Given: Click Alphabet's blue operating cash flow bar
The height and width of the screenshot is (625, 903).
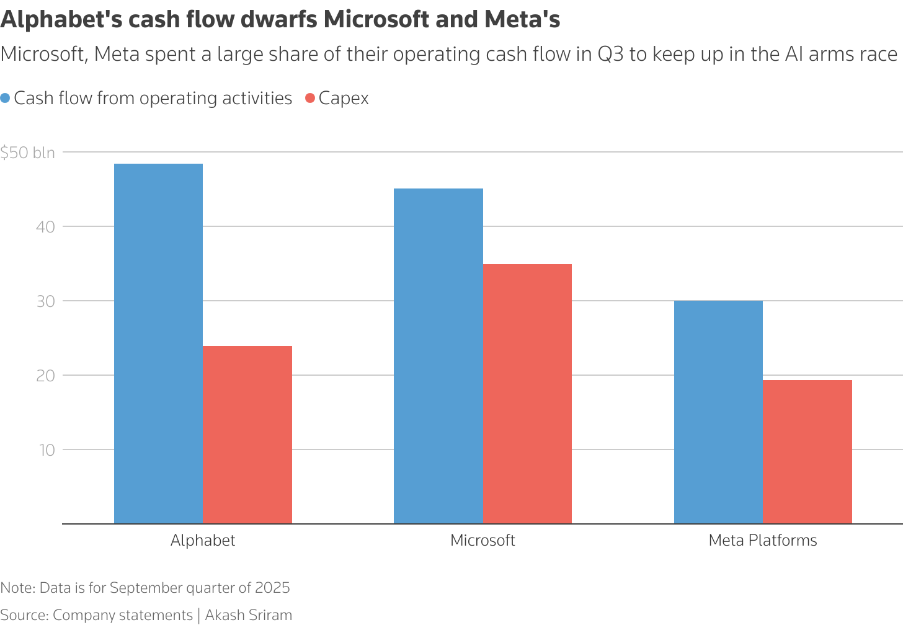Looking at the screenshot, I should click(x=158, y=344).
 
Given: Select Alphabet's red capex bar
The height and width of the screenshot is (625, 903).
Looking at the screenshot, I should click(x=247, y=435).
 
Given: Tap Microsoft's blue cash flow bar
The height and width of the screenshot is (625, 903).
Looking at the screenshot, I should click(x=438, y=356).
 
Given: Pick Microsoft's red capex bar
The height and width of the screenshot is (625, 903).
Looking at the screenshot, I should click(x=527, y=394).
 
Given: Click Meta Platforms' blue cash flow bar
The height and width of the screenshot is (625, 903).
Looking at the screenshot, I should click(x=718, y=412).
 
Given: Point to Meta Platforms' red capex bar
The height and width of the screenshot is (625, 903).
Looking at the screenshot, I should click(x=807, y=452).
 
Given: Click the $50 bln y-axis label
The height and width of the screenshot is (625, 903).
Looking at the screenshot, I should click(x=28, y=153).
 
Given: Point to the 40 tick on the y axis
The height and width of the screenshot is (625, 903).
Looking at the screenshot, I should click(x=46, y=227).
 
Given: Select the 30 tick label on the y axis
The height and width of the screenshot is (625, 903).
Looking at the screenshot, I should click(x=46, y=301).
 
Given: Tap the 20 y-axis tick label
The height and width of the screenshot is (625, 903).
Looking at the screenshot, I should click(x=46, y=376).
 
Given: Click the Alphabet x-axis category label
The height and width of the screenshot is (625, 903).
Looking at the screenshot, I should click(x=203, y=540).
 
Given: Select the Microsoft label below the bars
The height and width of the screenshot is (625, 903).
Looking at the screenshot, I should click(x=483, y=540).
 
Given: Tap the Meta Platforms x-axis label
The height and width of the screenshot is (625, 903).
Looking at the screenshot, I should click(x=762, y=540).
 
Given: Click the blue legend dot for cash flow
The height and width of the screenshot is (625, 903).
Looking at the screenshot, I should click(x=6, y=99).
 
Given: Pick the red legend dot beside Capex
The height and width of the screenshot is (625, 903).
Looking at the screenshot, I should click(x=311, y=99).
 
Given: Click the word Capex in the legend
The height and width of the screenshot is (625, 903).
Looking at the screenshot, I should click(x=344, y=99).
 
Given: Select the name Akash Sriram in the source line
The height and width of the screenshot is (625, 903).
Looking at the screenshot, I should click(x=248, y=615).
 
